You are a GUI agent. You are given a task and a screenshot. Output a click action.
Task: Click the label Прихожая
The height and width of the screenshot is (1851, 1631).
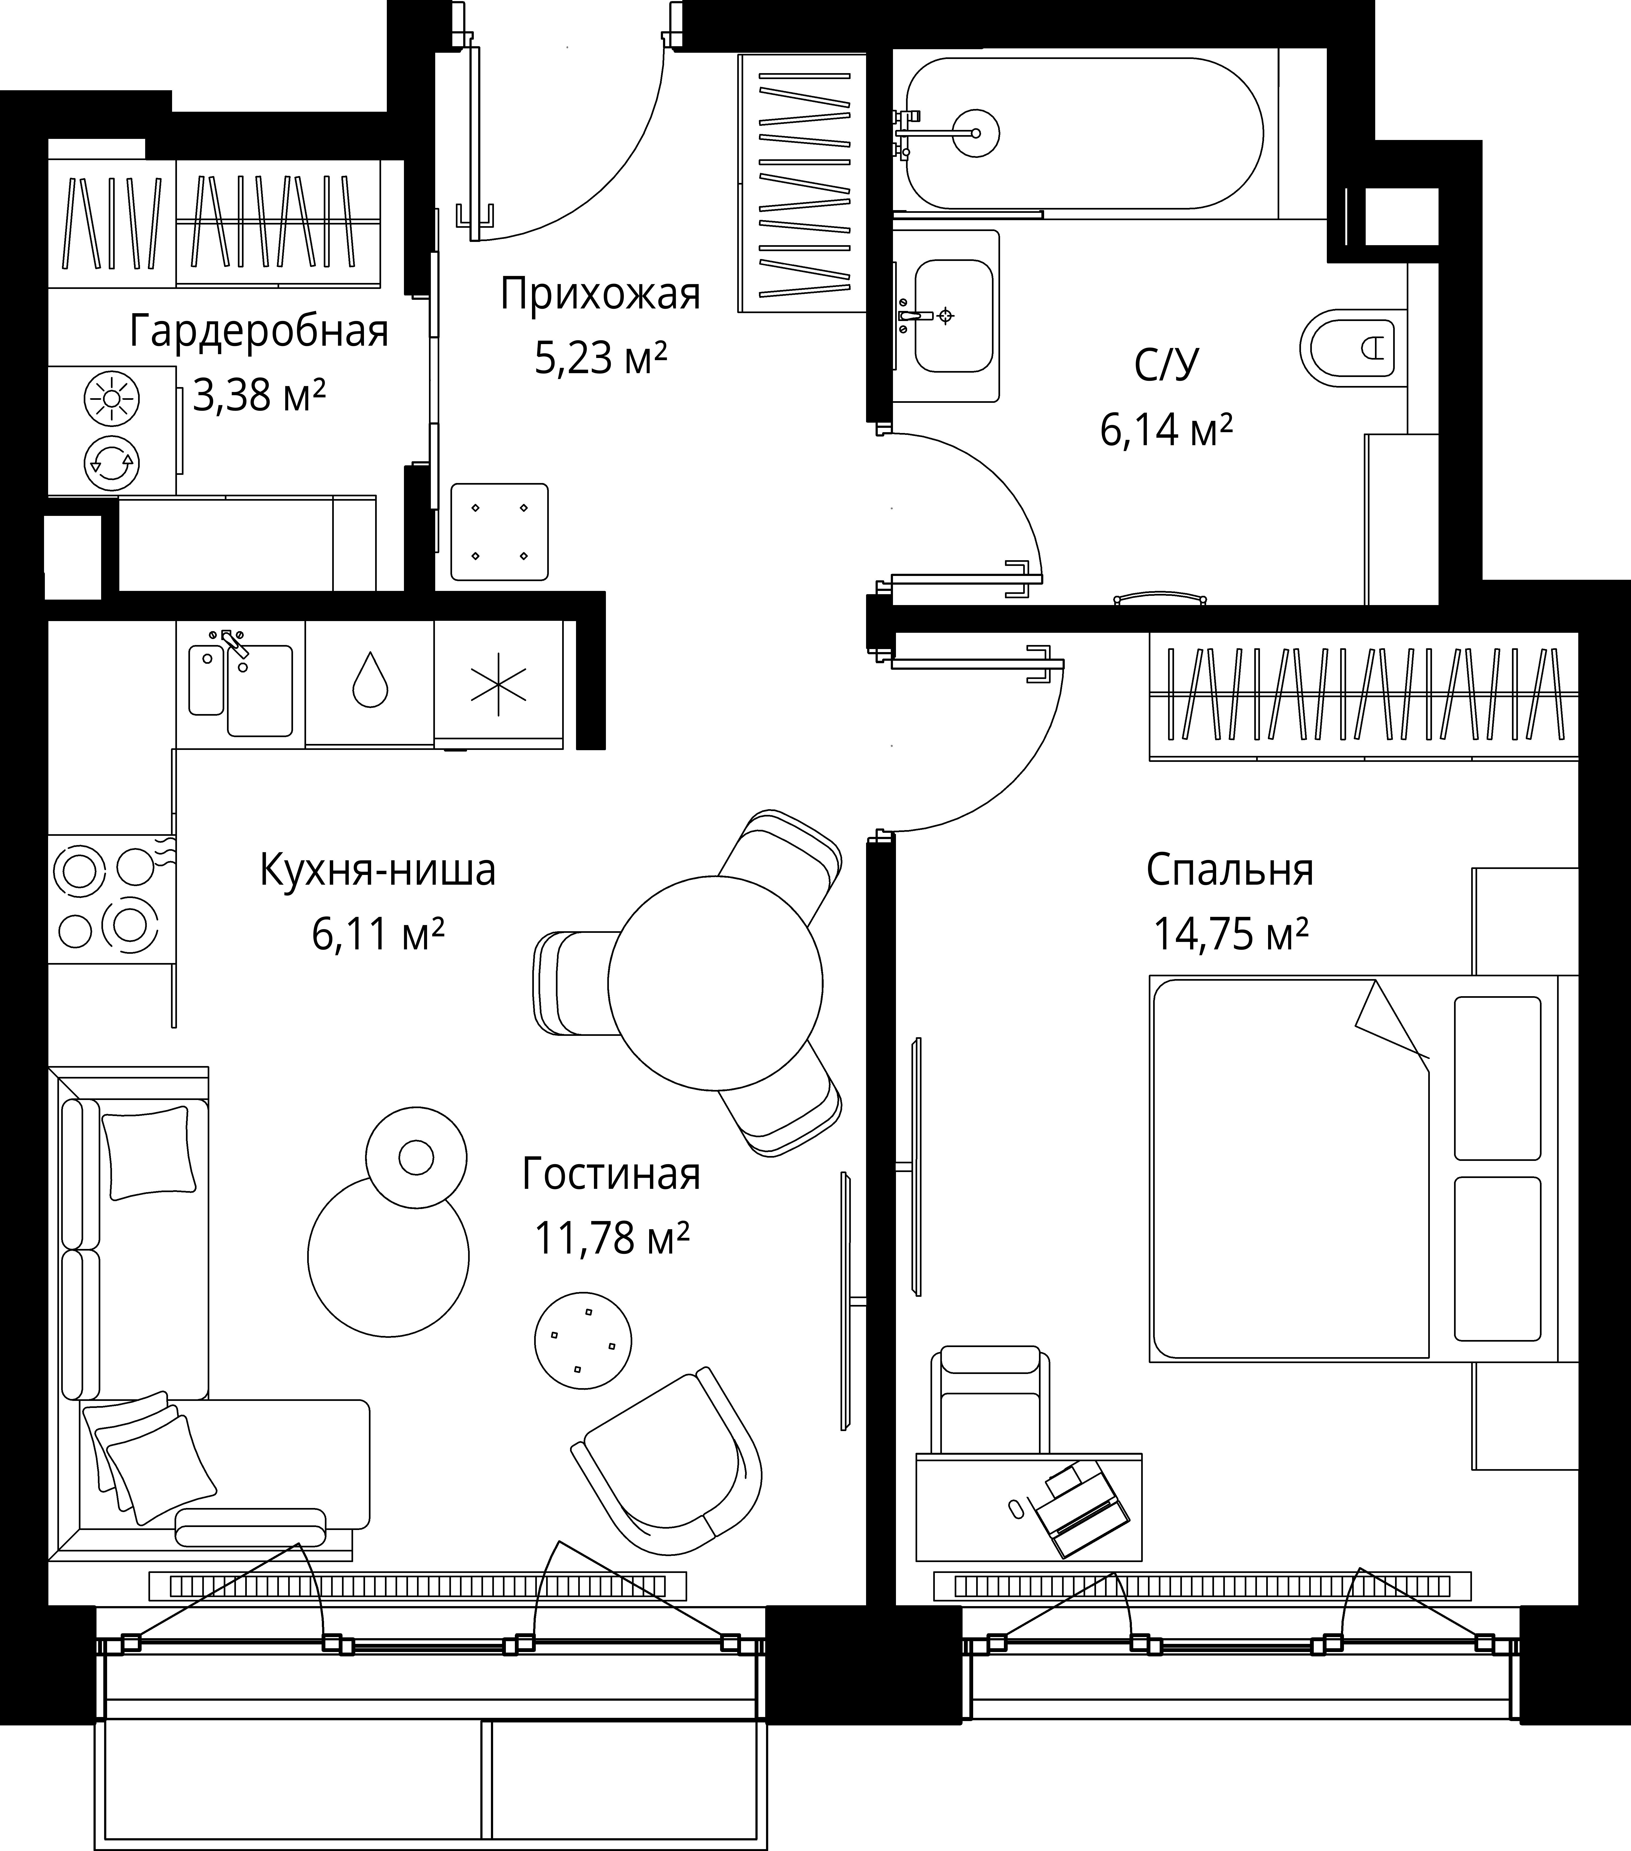click(600, 294)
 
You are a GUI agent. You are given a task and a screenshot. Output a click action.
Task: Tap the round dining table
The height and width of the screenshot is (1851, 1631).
click(715, 983)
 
